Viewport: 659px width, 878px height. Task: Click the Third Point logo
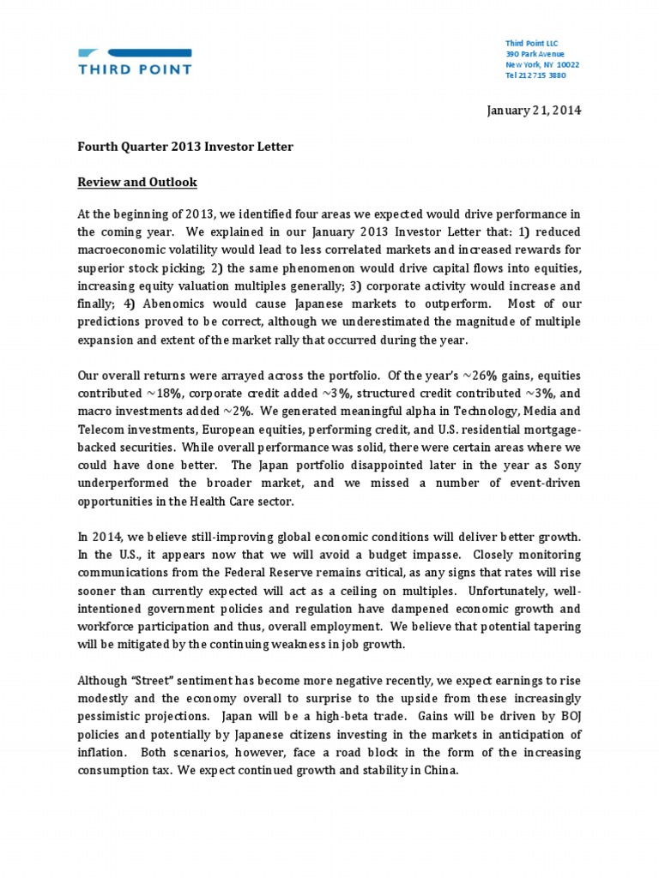[x=135, y=61]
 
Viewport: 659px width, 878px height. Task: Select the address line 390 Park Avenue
[x=535, y=54]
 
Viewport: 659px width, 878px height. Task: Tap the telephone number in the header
[x=535, y=75]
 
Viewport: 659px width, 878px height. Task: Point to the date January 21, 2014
[x=534, y=111]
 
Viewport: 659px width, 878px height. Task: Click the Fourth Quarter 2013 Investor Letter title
[x=185, y=147]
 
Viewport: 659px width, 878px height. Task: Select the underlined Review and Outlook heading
[x=137, y=183]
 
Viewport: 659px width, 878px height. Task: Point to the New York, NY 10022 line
[x=542, y=64]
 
